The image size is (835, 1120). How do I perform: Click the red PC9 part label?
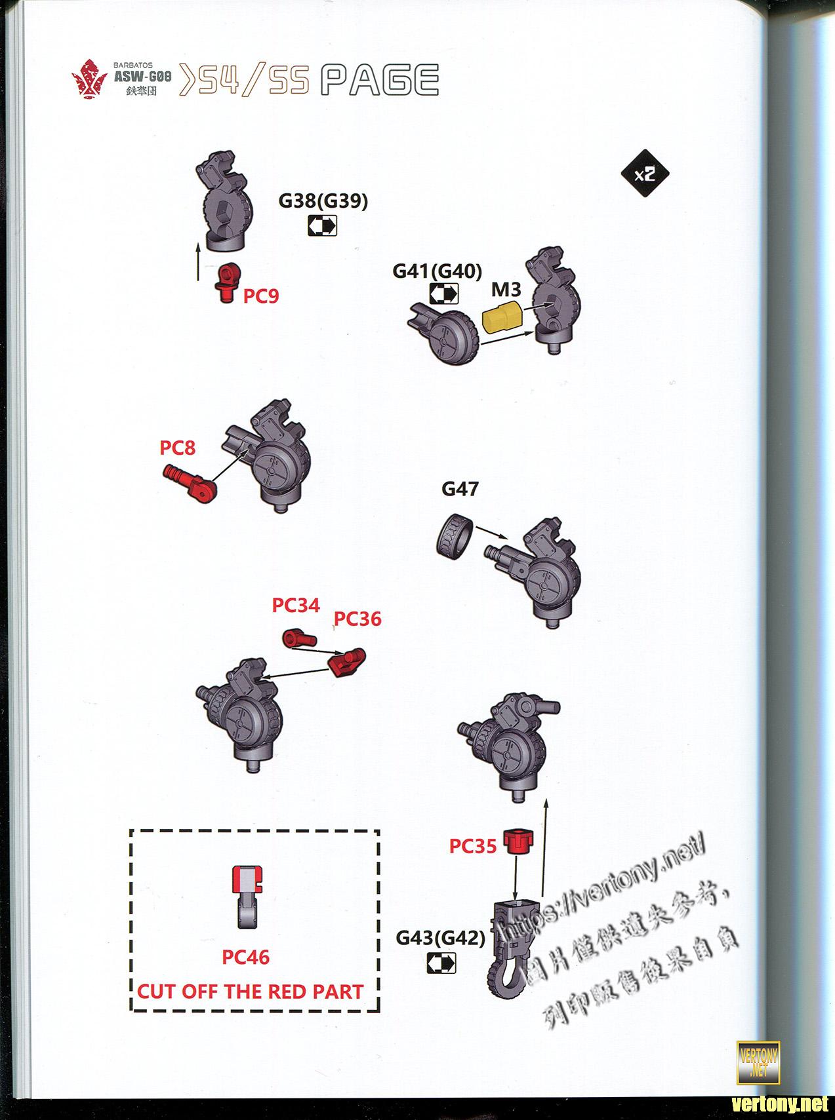(261, 296)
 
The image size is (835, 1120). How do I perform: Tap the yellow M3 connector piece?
(502, 318)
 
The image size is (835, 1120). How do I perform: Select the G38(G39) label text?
(323, 201)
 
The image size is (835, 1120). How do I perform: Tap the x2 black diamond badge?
(645, 174)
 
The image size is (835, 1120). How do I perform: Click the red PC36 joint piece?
(347, 662)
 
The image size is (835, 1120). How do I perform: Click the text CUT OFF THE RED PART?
(250, 992)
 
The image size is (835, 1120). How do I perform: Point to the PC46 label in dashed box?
(246, 957)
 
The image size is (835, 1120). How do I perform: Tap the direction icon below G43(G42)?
(441, 963)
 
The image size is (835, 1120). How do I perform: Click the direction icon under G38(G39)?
(322, 226)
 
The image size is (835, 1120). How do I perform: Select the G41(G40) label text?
(438, 271)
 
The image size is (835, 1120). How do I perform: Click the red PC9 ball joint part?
(227, 282)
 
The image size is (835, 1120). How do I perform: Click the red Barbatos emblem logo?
(89, 83)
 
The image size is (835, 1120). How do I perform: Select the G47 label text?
(460, 489)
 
